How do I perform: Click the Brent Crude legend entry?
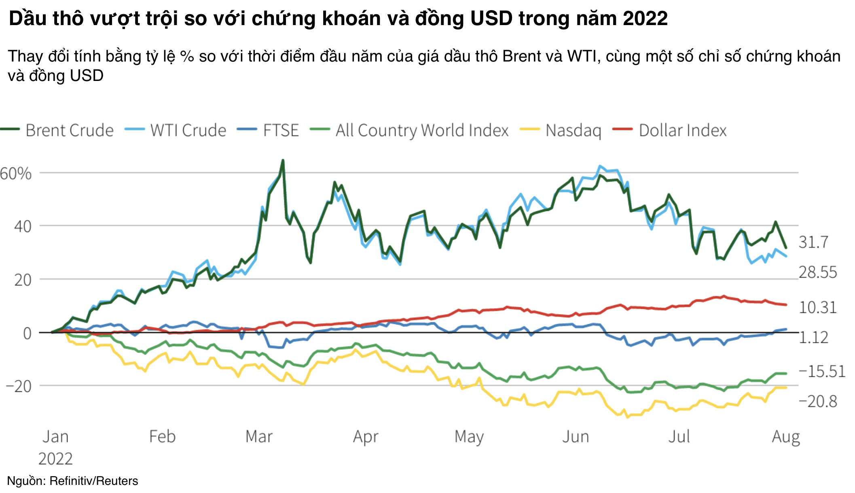[x=69, y=130]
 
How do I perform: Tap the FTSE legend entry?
[x=281, y=130]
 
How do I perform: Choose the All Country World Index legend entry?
[x=422, y=130]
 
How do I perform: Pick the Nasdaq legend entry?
[x=573, y=130]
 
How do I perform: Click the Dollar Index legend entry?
[x=683, y=130]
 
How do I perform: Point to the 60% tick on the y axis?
[x=16, y=174]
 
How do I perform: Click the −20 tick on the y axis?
[x=19, y=386]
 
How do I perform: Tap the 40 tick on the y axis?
[x=23, y=227]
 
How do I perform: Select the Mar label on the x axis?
[x=259, y=437]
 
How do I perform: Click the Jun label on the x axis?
[x=575, y=437]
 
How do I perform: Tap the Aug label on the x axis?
[x=785, y=437]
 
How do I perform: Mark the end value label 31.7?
[x=813, y=242]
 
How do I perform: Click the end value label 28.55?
[x=817, y=272]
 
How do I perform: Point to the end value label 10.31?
[x=817, y=308]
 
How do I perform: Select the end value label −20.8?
[x=817, y=402]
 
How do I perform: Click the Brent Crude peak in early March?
[x=283, y=161]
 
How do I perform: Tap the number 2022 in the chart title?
[x=645, y=19]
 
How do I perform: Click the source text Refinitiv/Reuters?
[x=93, y=481]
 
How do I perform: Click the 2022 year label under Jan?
[x=55, y=459]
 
